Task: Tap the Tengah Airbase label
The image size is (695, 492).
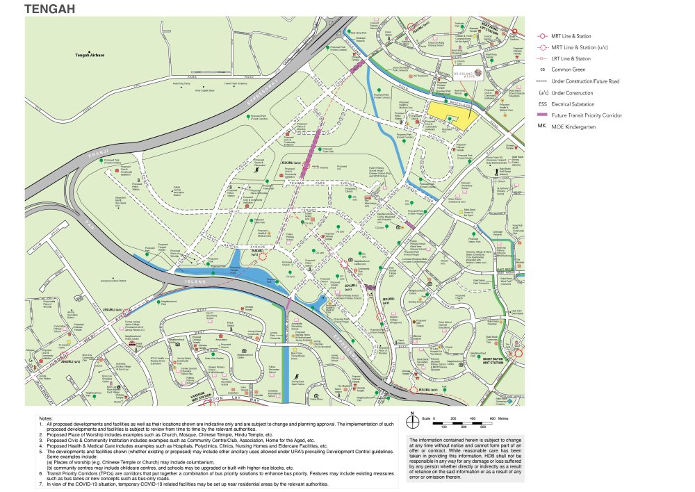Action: coord(90,55)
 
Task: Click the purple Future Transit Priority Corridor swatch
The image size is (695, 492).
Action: coord(541,115)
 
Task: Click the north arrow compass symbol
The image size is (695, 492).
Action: coord(413,420)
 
